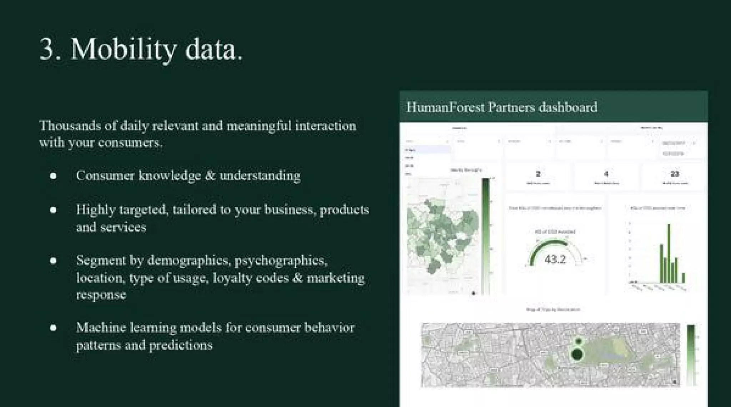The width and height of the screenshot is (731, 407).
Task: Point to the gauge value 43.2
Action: point(555,259)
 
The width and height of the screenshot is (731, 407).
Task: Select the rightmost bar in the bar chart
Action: point(684,277)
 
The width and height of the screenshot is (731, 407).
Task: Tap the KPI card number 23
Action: point(674,174)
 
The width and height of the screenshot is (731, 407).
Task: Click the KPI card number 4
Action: point(606,174)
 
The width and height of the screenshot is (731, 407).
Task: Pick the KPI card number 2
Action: point(538,174)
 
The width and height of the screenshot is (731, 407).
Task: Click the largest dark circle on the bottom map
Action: point(577,355)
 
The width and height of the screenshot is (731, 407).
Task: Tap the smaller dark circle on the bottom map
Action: point(579,341)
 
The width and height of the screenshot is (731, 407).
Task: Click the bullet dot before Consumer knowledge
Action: point(53,176)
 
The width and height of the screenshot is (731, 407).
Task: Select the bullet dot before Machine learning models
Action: point(53,328)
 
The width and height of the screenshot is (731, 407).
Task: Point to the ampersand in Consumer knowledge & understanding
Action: point(210,176)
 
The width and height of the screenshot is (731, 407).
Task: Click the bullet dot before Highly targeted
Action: point(53,210)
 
